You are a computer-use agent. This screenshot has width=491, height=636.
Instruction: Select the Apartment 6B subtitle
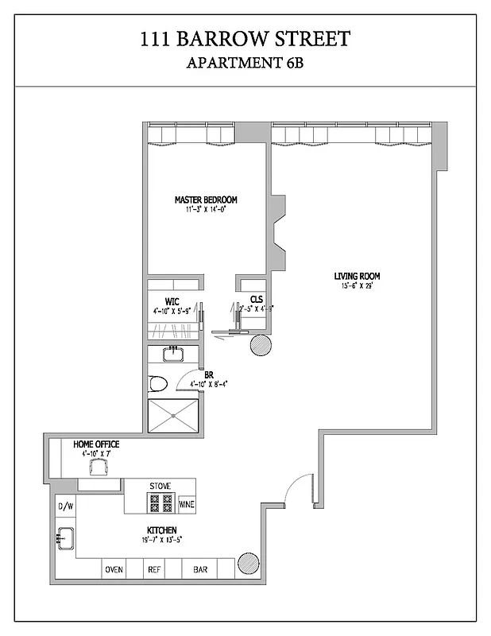point(245,63)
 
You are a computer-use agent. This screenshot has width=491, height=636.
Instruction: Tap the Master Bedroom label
point(206,200)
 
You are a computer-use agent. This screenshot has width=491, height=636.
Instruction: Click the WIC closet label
point(172,301)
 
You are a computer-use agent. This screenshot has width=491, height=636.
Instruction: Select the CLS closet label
point(257,299)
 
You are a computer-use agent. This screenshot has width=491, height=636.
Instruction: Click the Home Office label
point(96,444)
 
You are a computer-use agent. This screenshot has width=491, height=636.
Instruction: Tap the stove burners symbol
point(160,502)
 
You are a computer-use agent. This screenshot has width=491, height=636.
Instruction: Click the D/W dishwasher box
point(65,506)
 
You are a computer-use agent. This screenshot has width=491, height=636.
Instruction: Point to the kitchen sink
point(64,537)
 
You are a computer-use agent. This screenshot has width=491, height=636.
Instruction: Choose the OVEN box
point(114,570)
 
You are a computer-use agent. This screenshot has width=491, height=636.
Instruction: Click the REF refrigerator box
point(154,570)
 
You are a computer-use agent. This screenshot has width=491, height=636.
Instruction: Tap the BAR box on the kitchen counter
point(199,570)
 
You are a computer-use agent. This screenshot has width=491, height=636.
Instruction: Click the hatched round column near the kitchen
point(247,564)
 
